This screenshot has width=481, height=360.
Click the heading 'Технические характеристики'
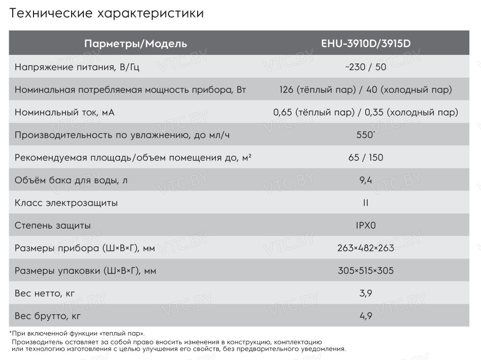[x=107, y=14]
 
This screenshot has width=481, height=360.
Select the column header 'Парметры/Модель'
[x=136, y=44]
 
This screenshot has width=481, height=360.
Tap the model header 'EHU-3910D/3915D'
[x=366, y=44]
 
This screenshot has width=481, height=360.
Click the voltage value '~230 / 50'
[x=366, y=67]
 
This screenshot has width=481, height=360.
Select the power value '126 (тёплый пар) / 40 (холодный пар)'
[x=366, y=90]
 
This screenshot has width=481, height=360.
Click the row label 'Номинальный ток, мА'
[x=65, y=112]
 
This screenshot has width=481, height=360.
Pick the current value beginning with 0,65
[x=366, y=112]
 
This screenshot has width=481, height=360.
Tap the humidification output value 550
[x=366, y=136]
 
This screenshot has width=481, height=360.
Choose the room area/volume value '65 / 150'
[x=366, y=157]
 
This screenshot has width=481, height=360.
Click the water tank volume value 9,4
[x=366, y=180]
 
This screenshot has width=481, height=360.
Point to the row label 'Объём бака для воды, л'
[x=71, y=180]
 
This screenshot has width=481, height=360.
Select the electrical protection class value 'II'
[x=366, y=203]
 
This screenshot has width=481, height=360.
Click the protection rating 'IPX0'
[x=366, y=225]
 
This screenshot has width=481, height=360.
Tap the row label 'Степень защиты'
[x=53, y=225]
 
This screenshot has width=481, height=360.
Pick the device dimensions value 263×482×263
[x=366, y=248]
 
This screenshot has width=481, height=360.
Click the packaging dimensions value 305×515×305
[x=366, y=271]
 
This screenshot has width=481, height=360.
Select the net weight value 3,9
[x=366, y=293]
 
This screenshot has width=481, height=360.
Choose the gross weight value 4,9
[x=366, y=316]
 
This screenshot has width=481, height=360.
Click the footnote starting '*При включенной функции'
[x=77, y=334]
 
